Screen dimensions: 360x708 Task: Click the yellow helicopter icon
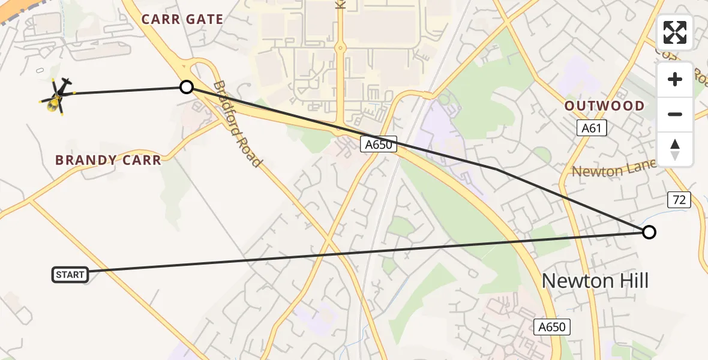57,95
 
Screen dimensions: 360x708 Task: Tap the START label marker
70,275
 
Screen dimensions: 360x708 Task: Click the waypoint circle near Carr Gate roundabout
187,87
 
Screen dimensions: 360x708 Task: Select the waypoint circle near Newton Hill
649,232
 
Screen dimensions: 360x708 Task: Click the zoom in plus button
675,80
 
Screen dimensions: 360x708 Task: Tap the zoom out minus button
675,114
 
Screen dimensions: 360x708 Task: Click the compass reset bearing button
675,149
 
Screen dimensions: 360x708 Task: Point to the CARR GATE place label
182,19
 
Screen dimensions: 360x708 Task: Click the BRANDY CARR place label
108,160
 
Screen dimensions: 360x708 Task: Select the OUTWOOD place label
604,106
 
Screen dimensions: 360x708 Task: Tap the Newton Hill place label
595,280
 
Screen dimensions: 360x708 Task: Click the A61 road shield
592,128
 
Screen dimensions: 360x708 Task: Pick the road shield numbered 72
679,200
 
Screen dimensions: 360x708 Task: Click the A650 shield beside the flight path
379,143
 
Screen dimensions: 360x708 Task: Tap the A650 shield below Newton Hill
551,327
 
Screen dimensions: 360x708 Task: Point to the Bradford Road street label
238,124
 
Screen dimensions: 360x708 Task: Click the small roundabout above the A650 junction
340,47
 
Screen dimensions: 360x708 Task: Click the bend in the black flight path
497,170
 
